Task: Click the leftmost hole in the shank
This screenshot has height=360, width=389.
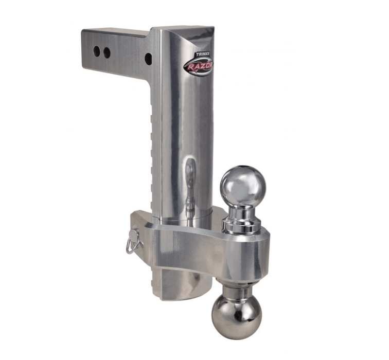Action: coord(97,50)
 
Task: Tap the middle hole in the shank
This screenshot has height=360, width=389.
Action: coord(107,52)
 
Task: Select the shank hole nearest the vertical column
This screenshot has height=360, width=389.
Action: coord(148,59)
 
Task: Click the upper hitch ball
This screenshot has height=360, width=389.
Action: coord(243,185)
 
